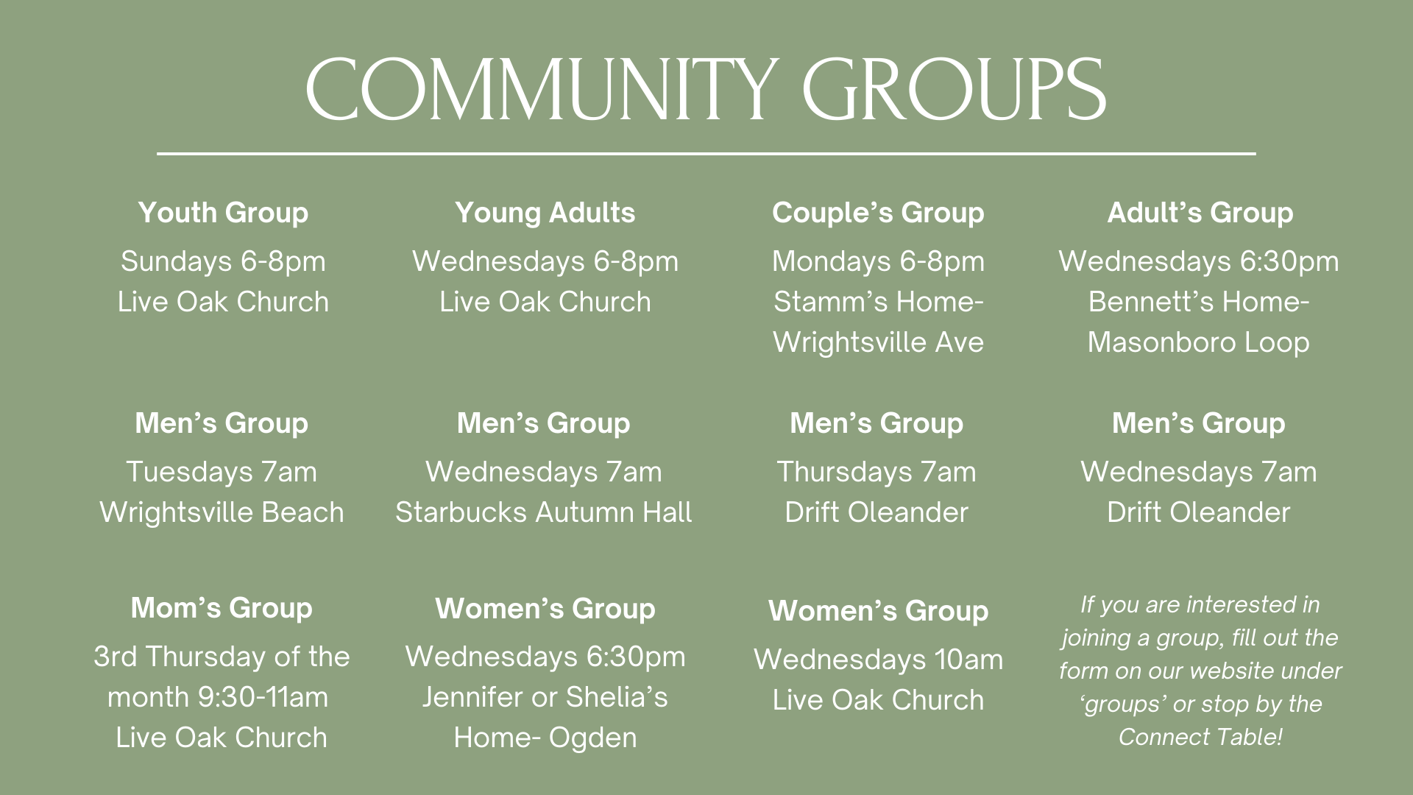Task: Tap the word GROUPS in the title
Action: point(955,90)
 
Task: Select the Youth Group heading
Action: point(223,213)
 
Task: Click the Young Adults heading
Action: point(545,213)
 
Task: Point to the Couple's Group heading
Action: point(877,213)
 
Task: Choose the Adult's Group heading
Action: point(1200,213)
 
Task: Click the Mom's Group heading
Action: point(222,608)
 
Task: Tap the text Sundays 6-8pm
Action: point(223,261)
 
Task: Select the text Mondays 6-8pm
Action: point(877,261)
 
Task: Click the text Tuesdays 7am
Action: point(222,472)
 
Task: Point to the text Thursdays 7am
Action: point(877,472)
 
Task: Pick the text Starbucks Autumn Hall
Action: point(544,512)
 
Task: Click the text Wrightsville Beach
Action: point(222,512)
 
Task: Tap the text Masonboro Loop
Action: point(1199,342)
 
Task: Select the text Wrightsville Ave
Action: point(878,342)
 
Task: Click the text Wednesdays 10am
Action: point(878,660)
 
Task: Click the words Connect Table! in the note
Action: point(1200,737)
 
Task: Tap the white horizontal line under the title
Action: point(706,154)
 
